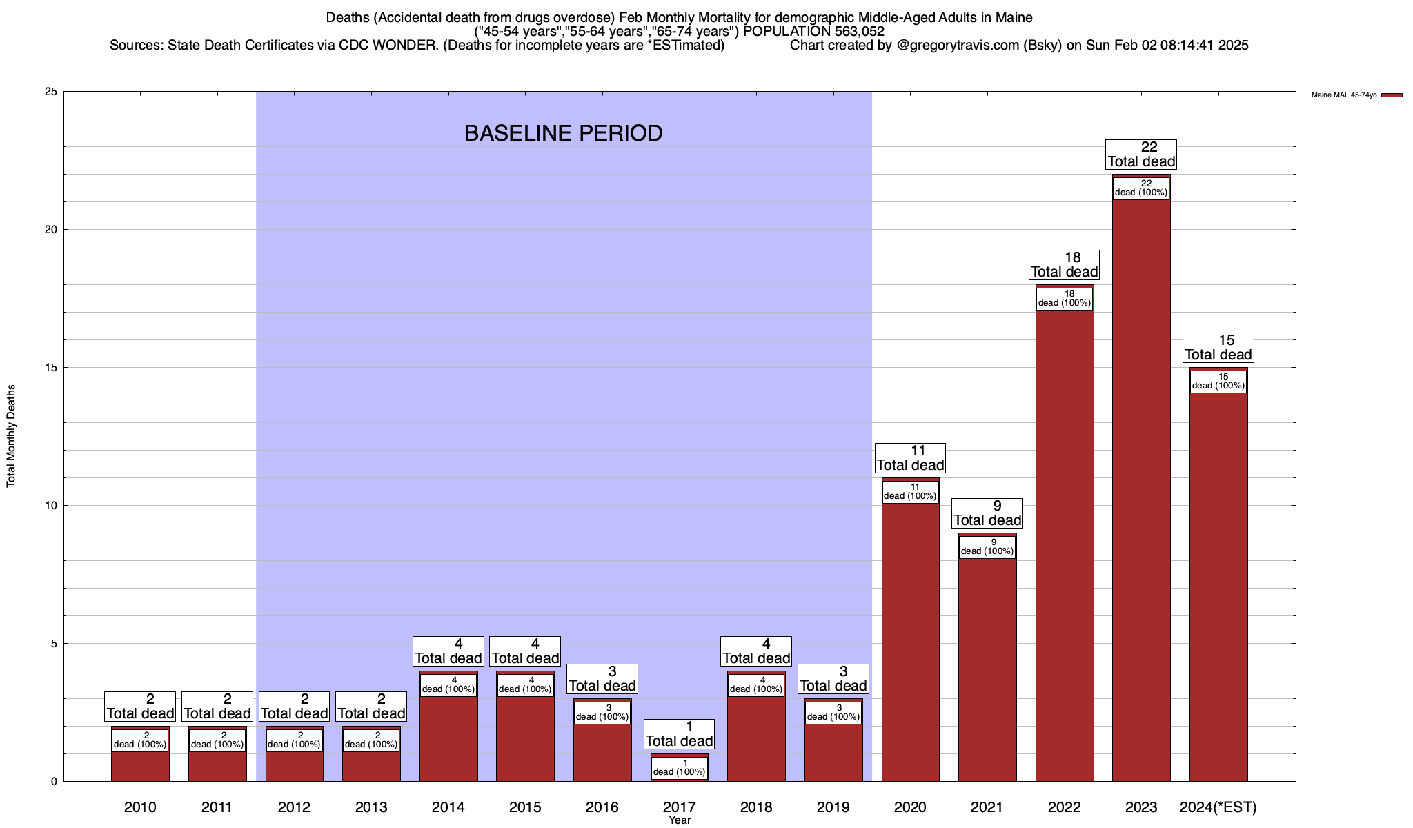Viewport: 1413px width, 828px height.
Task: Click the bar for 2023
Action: (x=1141, y=483)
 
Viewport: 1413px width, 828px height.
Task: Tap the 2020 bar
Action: (x=910, y=642)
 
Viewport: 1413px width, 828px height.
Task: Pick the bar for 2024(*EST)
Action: (x=1218, y=586)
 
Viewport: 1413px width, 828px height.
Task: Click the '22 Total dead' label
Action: (x=1141, y=155)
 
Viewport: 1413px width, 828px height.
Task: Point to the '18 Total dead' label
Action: (x=1064, y=265)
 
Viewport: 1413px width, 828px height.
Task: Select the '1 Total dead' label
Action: (x=680, y=734)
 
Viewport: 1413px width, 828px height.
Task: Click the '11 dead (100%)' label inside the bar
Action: (x=910, y=492)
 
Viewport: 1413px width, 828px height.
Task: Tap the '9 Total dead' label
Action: (x=987, y=513)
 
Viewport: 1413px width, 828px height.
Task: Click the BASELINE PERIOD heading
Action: (x=563, y=133)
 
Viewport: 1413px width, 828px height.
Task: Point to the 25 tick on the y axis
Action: (x=50, y=92)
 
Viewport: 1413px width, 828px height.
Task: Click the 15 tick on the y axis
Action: (x=50, y=368)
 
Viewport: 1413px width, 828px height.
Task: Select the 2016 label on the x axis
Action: (x=602, y=807)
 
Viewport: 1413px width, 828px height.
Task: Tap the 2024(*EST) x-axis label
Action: (x=1218, y=807)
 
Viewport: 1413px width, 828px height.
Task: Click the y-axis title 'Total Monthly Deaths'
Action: (x=11, y=436)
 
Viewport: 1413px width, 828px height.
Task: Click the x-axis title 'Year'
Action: (x=680, y=820)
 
